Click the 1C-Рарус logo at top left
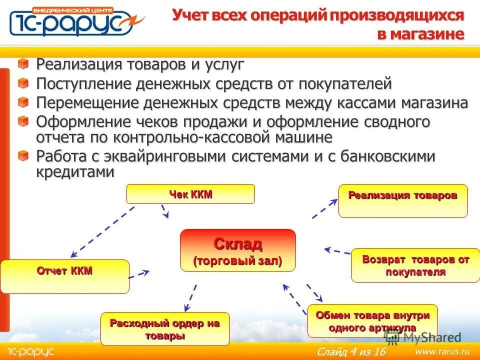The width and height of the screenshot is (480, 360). [x=75, y=21]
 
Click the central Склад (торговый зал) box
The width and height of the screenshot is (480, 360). [x=237, y=250]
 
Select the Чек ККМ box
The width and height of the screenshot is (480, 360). [x=190, y=194]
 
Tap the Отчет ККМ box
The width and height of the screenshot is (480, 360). [x=64, y=276]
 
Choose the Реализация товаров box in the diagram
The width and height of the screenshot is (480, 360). [x=402, y=200]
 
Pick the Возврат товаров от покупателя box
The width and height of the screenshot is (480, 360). [x=415, y=265]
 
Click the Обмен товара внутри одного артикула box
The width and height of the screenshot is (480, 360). [x=372, y=320]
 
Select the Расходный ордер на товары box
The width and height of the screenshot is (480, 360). [x=165, y=329]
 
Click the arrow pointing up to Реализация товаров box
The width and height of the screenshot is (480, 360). [x=325, y=208]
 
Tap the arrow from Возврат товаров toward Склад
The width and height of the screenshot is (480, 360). [x=337, y=250]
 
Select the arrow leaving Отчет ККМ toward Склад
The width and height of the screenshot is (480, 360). [x=139, y=274]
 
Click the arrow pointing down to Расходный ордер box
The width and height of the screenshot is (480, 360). [x=190, y=298]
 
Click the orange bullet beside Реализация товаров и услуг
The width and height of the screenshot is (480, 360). [x=23, y=64]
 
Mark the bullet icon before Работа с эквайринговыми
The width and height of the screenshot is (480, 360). [x=23, y=156]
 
